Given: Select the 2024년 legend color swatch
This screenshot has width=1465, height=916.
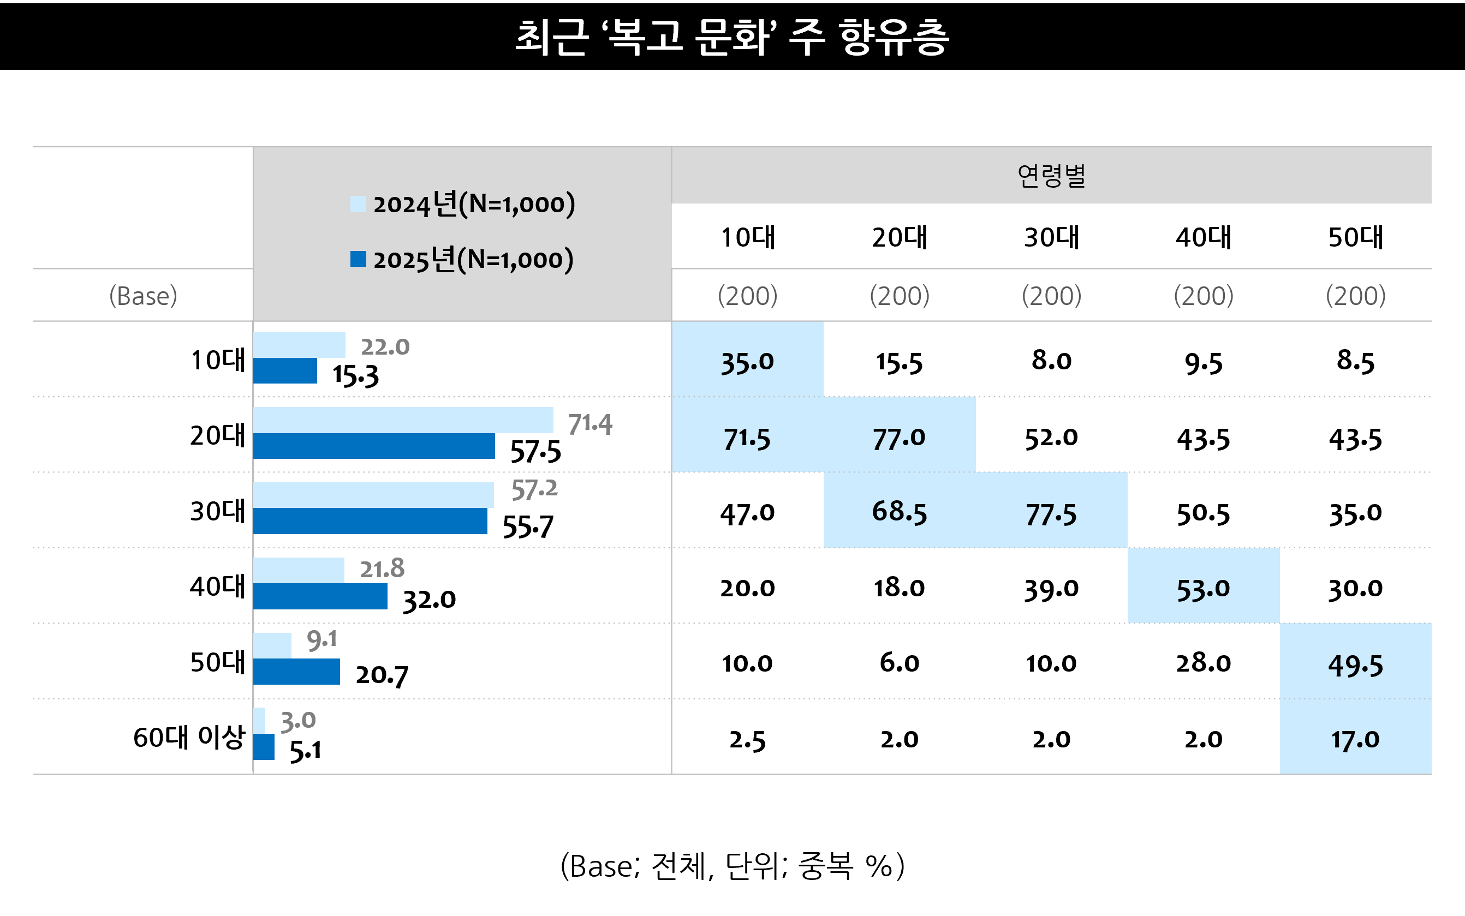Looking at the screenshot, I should point(358,203).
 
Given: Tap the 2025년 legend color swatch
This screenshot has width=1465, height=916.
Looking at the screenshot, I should point(358,259).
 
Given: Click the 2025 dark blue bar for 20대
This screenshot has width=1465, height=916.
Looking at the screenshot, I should point(373,446).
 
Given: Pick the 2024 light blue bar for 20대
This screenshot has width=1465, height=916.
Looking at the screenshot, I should point(403,420).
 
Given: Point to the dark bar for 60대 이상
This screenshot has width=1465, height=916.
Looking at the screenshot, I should point(264,746).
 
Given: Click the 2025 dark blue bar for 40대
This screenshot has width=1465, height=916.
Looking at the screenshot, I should point(320,596).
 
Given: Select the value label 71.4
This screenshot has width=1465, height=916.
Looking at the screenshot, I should point(589,424).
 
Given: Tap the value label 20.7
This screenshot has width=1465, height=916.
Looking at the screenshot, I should point(382,675).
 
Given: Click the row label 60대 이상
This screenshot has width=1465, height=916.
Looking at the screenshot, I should point(188,737).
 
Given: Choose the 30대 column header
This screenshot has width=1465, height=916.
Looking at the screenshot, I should point(1052,237).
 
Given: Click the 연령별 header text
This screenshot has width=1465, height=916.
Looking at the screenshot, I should point(1052,176).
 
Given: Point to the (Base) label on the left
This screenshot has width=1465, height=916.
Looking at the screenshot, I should point(143,296).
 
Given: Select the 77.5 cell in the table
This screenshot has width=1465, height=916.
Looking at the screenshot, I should point(1051,514).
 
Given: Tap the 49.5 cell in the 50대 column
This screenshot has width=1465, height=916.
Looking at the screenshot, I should point(1355,665).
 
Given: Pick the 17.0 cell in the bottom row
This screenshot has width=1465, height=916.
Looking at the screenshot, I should point(1355,740).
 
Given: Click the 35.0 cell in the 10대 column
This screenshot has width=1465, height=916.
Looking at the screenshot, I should point(747,362).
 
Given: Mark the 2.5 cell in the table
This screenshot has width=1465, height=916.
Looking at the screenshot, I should point(747,740).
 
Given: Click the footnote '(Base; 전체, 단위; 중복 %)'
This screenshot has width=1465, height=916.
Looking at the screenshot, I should point(732,866).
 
